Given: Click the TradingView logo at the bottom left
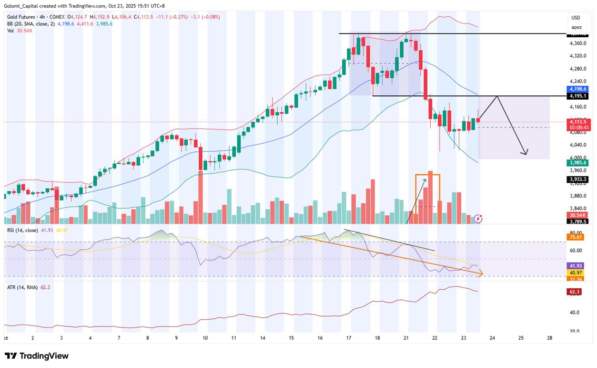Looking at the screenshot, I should [x=37, y=356].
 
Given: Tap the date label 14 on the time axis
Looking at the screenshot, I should [x=263, y=337].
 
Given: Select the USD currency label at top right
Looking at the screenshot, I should [x=577, y=18].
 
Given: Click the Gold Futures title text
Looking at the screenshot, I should [x=21, y=17].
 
